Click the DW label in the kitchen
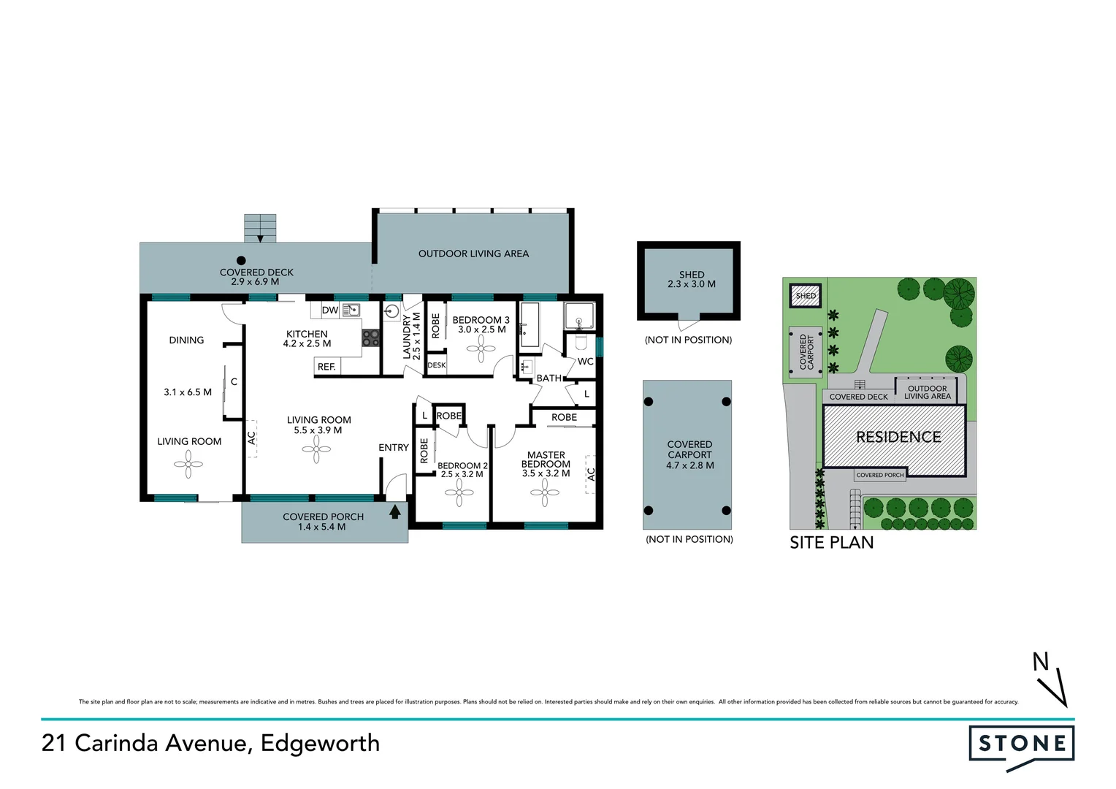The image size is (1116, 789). [x=330, y=310]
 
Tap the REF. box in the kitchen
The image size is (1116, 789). [x=326, y=367]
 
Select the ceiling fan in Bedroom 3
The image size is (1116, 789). [x=481, y=348]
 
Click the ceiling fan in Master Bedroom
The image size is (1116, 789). [x=545, y=492]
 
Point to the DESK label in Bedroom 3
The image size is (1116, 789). [x=437, y=365]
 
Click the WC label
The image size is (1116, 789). [x=585, y=362]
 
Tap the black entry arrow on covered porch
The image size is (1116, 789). [x=395, y=511]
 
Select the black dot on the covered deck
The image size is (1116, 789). [x=241, y=260]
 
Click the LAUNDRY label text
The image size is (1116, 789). [x=408, y=337]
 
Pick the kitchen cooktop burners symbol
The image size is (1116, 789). [x=371, y=338]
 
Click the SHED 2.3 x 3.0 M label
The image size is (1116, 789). [x=691, y=280]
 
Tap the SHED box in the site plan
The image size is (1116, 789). [x=806, y=296]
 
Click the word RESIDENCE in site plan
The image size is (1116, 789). [x=898, y=437]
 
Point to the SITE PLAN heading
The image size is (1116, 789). [x=831, y=543]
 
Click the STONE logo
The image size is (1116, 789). [x=1021, y=744]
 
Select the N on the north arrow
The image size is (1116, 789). [x=1041, y=662]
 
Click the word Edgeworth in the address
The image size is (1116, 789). [x=320, y=743]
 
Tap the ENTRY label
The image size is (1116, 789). [x=394, y=448]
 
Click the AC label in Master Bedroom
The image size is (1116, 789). [x=591, y=474]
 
